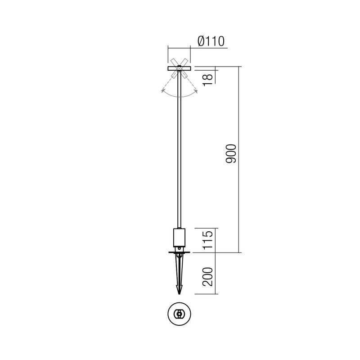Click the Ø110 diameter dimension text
pyautogui.click(x=211, y=41)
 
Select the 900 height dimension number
pyautogui.click(x=230, y=154)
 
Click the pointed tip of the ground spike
pyautogui.click(x=180, y=293)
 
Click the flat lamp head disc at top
pyautogui.click(x=180, y=68)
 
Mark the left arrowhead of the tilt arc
pyautogui.click(x=162, y=91)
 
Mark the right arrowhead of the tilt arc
pyautogui.click(x=197, y=91)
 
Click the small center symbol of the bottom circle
pyautogui.click(x=180, y=314)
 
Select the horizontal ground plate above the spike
pyautogui.click(x=180, y=252)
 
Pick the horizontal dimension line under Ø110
pyautogui.click(x=180, y=46)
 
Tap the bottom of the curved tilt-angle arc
pyautogui.click(x=180, y=97)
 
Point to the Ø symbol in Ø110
pyautogui.click(x=201, y=41)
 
